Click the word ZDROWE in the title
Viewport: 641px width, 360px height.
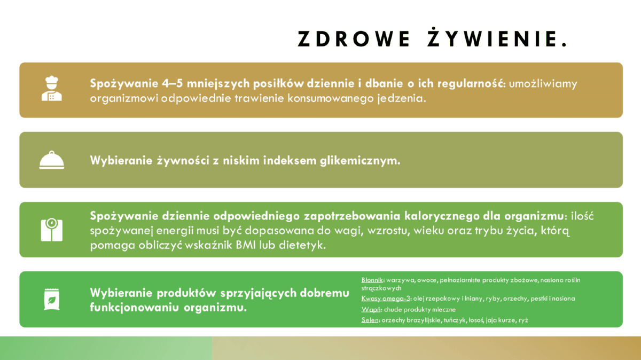tap(354, 39)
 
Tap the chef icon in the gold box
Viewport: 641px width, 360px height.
tap(51, 89)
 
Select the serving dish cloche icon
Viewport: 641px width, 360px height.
tap(51, 160)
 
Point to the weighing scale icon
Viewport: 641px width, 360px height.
tap(51, 230)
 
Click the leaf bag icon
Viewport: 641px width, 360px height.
tap(51, 299)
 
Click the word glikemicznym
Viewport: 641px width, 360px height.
tap(360, 161)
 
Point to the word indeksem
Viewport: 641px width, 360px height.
tap(290, 160)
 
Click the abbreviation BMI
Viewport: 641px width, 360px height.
tap(246, 245)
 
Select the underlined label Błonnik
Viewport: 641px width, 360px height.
tap(372, 280)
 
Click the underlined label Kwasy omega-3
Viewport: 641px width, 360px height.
tap(386, 299)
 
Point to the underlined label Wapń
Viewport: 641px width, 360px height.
tap(371, 309)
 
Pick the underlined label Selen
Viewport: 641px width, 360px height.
tap(370, 320)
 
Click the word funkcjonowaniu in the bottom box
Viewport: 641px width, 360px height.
tap(134, 308)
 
